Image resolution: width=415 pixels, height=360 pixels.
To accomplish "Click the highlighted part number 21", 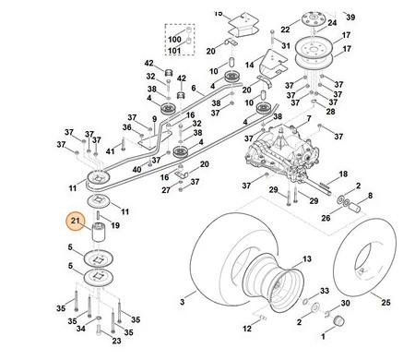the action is coord(76,221).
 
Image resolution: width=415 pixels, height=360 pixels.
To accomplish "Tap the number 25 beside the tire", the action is coord(385,302).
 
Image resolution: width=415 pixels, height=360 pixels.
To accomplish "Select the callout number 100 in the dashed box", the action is coord(174,40).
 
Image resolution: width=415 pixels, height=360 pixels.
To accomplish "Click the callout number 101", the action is coord(174,50).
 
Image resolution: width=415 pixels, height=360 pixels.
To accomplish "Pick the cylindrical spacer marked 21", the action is coord(99,233).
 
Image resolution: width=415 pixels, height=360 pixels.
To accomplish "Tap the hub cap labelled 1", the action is coord(338,321).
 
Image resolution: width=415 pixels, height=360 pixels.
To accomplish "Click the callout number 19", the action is coord(115,225).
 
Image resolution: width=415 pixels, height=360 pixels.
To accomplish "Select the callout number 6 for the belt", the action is coord(194,88).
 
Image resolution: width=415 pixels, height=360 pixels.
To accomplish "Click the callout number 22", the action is coord(285,30).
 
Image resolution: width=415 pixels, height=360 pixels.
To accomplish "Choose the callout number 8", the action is coord(370,196).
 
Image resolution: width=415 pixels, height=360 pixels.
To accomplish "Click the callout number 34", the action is coord(81,329).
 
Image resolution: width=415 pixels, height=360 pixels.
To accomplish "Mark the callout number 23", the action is coord(116,341).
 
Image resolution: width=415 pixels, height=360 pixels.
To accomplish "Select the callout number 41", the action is coord(110,151).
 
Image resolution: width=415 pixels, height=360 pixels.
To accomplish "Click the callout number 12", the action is coord(247,329).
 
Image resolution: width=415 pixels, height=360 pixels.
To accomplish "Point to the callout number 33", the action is coord(325,291).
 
